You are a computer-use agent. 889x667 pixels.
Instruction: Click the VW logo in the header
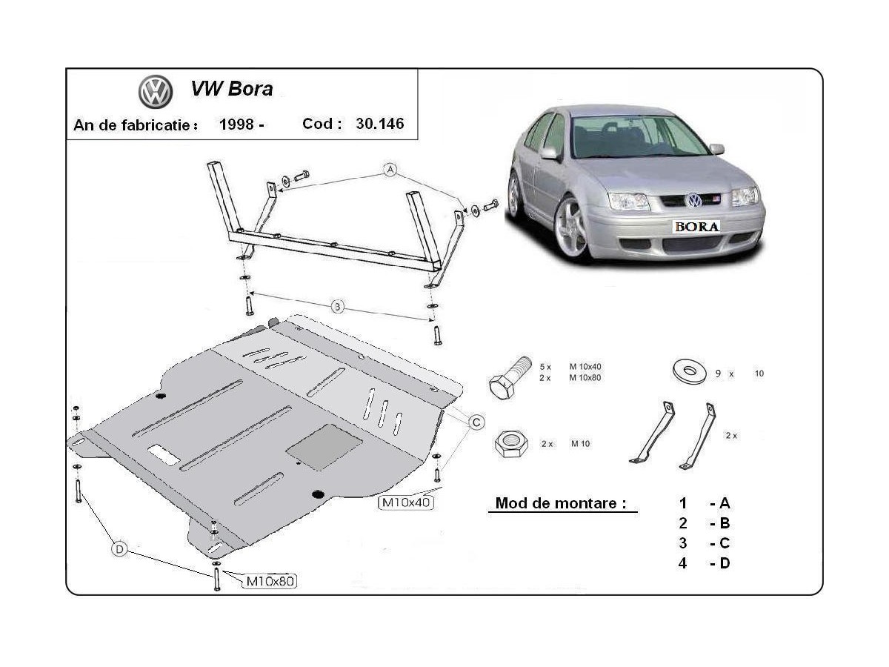156,92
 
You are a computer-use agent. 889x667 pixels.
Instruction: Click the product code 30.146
380,124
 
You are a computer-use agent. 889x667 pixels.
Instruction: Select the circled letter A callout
390,170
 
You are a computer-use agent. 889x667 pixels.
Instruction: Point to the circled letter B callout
338,306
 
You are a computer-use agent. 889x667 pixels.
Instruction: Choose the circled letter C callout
477,422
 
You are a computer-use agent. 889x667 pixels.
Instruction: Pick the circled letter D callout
120,549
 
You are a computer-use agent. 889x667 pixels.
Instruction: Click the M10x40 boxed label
406,502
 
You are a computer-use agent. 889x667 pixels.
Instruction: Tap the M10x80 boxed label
270,581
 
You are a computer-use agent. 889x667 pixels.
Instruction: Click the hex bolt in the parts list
510,376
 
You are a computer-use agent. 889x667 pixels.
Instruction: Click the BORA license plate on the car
696,227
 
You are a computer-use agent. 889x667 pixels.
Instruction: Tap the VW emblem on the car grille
693,201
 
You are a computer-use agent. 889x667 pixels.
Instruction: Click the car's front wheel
571,227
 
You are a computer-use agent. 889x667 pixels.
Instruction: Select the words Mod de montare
556,503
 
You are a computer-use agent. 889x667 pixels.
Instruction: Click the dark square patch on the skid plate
324,446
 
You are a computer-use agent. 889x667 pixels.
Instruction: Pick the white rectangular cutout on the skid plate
163,455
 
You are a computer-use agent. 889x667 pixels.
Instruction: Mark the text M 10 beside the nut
580,443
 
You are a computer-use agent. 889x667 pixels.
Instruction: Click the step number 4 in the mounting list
682,563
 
